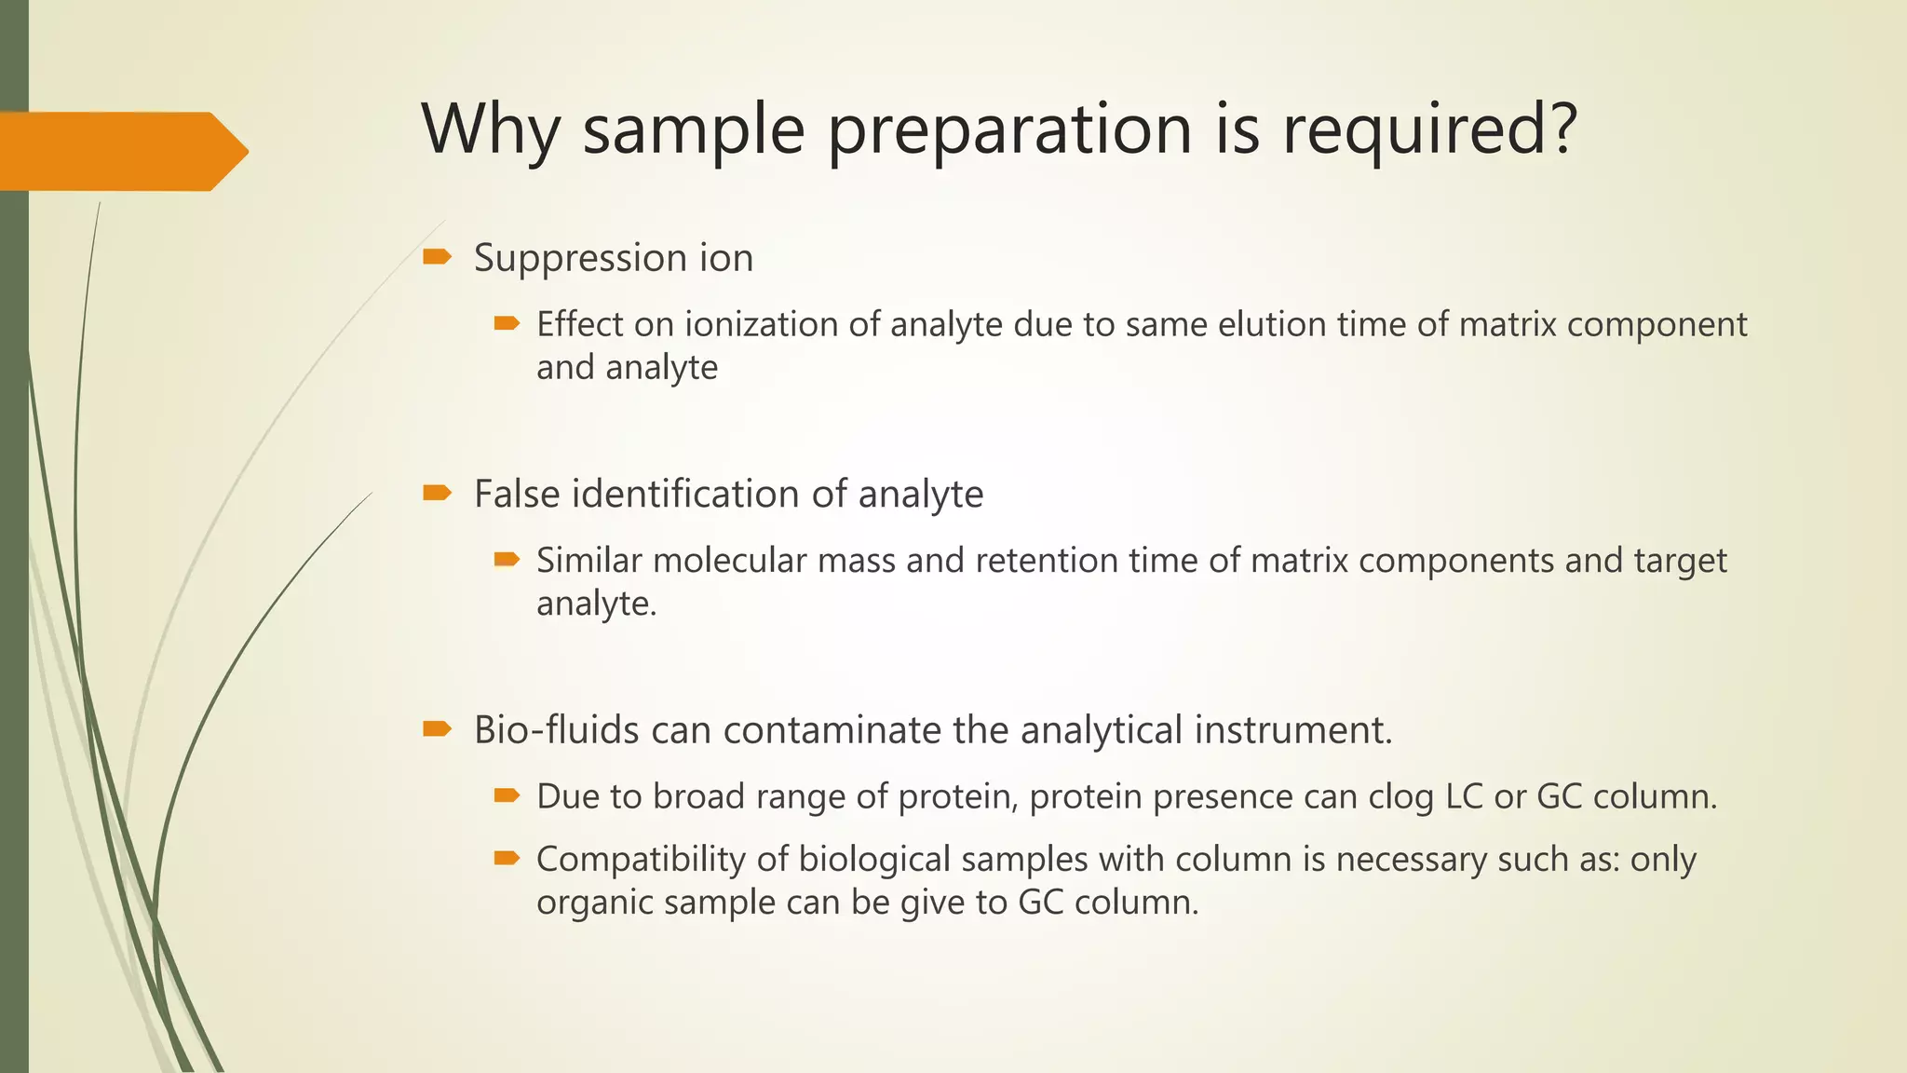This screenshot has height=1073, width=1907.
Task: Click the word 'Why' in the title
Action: (x=490, y=129)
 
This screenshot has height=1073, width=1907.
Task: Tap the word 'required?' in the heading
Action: (x=1429, y=129)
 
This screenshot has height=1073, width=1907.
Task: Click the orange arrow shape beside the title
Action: (x=121, y=151)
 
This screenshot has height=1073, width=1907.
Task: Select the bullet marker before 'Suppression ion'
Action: (x=436, y=257)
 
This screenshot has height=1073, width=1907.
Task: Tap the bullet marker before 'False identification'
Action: (x=436, y=493)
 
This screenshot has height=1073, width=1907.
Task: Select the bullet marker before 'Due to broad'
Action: (x=506, y=795)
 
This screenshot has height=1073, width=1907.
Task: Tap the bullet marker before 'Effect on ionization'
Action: (x=506, y=324)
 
